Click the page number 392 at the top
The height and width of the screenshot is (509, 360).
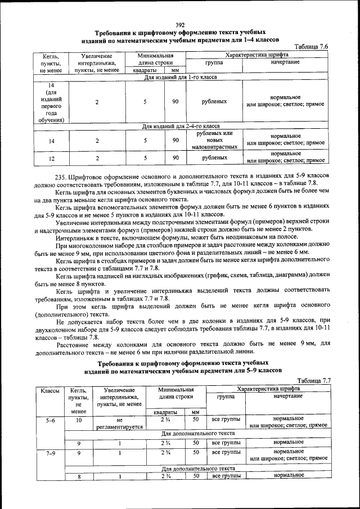coord(180,24)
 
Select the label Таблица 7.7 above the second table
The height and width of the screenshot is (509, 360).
coord(313,380)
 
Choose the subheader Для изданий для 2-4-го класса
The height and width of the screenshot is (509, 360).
coord(180,127)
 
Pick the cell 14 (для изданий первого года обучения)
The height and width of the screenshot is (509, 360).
coord(51,102)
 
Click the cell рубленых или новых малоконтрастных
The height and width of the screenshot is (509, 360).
coord(214,140)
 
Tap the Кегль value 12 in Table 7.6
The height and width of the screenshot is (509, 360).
coord(51,158)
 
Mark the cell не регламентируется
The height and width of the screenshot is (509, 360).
coord(119,424)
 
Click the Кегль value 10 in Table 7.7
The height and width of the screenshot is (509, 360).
coord(79,420)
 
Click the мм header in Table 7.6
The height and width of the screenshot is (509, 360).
coord(174,71)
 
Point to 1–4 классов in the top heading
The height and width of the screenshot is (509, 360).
coord(260,40)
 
